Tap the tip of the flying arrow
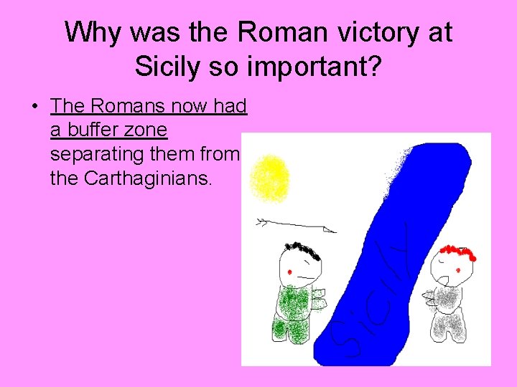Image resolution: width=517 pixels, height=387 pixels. (334, 231)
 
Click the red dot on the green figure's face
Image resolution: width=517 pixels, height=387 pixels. (289, 272)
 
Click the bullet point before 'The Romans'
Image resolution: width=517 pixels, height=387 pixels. (34, 107)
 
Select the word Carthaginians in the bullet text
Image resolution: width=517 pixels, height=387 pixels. (148, 177)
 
